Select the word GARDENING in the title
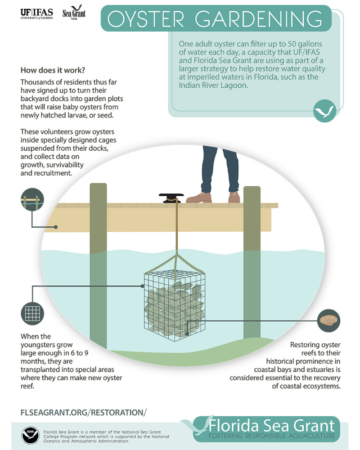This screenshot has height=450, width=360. tap(261, 18)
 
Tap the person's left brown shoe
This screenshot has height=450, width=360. tap(198, 197)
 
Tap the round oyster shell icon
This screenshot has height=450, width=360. tap(328, 320)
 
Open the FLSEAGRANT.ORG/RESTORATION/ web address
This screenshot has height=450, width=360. tap(84, 412)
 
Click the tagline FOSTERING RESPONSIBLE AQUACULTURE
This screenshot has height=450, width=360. tap(272, 436)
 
